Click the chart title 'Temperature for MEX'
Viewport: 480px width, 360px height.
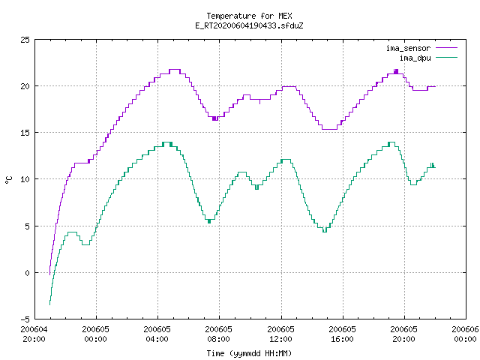pos(249,16)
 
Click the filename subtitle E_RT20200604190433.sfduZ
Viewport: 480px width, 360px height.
pos(249,25)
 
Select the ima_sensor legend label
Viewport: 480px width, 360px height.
pos(408,48)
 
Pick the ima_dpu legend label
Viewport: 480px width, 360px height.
pos(415,58)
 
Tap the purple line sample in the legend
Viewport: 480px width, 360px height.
pos(446,48)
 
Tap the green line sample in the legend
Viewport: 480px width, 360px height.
pos(446,57)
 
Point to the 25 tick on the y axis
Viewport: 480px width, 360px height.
pos(25,40)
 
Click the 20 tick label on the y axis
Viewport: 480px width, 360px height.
pos(25,86)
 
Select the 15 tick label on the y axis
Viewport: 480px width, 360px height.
pos(25,133)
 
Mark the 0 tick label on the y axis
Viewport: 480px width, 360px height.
pos(28,273)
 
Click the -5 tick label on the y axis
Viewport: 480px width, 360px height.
pos(25,319)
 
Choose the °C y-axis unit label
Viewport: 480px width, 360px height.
pos(8,180)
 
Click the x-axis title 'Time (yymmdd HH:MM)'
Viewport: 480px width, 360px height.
pos(249,353)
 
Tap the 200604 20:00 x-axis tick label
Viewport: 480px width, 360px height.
pos(34,334)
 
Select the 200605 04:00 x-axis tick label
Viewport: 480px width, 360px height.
pos(157,334)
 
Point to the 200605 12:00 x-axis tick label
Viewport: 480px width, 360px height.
pos(280,334)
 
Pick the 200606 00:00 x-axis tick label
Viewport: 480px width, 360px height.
pos(465,334)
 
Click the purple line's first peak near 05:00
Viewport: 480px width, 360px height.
pos(175,70)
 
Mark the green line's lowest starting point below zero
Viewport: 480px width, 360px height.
pos(49,304)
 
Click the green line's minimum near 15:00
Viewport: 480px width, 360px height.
pos(325,232)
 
